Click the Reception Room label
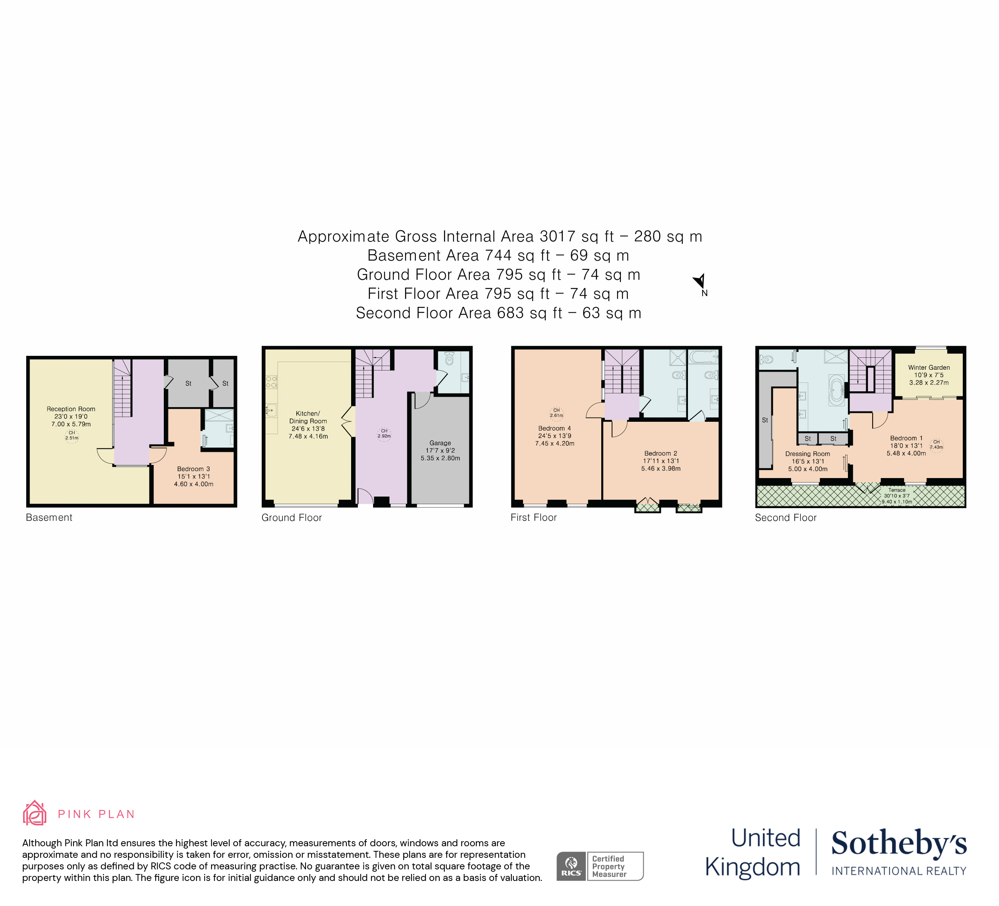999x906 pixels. click(71, 409)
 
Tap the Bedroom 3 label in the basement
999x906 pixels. click(194, 469)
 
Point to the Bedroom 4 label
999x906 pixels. click(555, 429)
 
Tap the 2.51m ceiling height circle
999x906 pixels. click(72, 436)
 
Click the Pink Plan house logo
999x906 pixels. click(35, 813)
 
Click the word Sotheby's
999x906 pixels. click(899, 843)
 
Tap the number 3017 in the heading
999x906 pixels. click(557, 236)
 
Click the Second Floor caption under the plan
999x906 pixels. click(786, 518)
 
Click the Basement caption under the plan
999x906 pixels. click(49, 518)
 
